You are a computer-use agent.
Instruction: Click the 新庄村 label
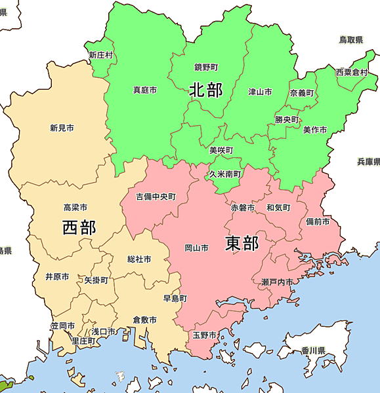click(x=101, y=55)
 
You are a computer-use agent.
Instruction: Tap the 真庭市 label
click(x=144, y=90)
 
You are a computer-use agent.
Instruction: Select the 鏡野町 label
click(x=206, y=67)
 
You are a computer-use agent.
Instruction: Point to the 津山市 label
click(x=260, y=92)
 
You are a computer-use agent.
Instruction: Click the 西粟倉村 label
click(x=352, y=72)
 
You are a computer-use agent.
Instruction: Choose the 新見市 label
click(x=62, y=128)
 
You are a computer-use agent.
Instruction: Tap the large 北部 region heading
click(x=205, y=90)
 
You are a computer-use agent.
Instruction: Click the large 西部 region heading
click(x=79, y=227)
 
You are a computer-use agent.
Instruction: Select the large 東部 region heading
click(x=242, y=243)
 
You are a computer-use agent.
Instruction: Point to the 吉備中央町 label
click(x=156, y=196)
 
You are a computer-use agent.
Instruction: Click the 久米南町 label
click(x=225, y=174)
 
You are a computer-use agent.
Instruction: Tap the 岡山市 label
click(x=197, y=248)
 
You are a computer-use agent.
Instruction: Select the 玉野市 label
click(x=205, y=335)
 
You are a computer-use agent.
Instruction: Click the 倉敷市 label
click(x=144, y=320)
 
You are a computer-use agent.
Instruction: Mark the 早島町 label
click(x=175, y=298)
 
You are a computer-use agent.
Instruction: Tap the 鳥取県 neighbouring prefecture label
click(x=351, y=40)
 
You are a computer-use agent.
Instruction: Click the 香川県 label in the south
click(x=312, y=351)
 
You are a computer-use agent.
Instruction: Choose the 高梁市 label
click(x=75, y=207)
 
